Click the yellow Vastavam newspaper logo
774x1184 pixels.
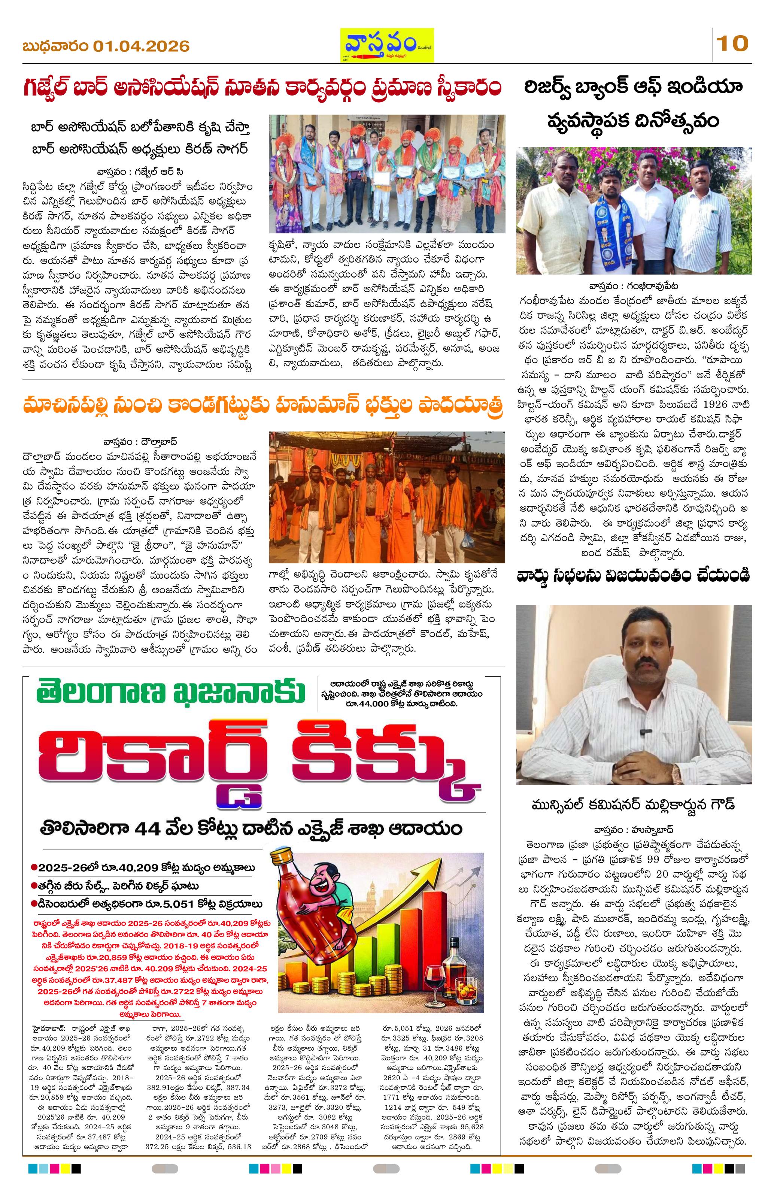[x=386, y=45]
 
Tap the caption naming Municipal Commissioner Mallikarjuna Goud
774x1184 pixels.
[x=633, y=805]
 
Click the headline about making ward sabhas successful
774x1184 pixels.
[x=633, y=575]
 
